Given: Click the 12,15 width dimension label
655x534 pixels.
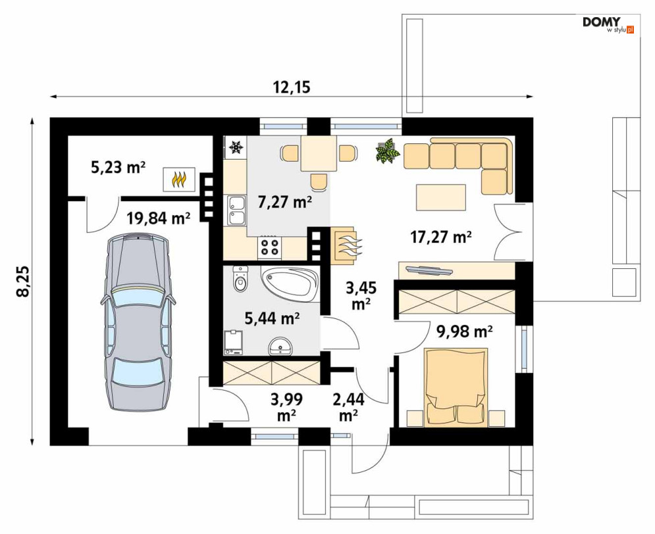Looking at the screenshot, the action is (x=292, y=87).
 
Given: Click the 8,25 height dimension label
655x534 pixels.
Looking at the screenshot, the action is (x=24, y=281).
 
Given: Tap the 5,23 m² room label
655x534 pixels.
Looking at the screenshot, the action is (x=118, y=167).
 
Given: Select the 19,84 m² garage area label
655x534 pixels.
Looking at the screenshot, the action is (x=159, y=218).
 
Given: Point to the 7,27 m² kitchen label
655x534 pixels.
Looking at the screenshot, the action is (x=285, y=203).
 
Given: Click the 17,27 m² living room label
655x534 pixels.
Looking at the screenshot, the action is (x=441, y=237).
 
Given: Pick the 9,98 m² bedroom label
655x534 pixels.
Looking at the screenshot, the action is (x=465, y=331).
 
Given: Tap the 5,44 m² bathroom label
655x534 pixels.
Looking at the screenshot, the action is (x=272, y=319).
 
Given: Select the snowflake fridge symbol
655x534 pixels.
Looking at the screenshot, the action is (x=236, y=147).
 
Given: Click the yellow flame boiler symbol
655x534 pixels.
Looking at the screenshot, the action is (x=179, y=180).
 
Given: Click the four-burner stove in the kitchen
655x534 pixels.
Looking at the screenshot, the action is (x=269, y=246).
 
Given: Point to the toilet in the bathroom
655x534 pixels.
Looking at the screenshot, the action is (x=240, y=279).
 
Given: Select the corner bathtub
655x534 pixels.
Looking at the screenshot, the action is (x=290, y=285).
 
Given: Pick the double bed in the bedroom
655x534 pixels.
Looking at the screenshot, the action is (x=456, y=387).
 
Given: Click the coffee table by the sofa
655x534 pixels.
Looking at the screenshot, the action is (x=440, y=197).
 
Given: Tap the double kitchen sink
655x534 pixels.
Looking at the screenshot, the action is (x=236, y=210).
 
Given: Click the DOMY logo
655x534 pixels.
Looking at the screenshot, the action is (x=608, y=24).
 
